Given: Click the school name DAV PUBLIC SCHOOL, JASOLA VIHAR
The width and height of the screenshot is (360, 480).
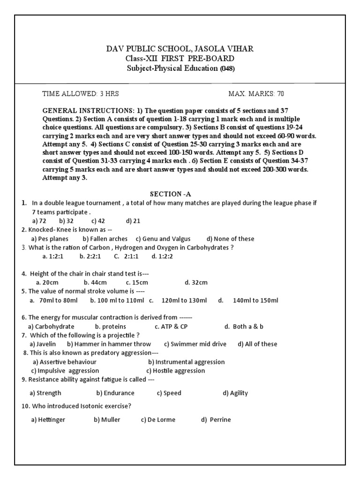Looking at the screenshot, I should tap(180, 49).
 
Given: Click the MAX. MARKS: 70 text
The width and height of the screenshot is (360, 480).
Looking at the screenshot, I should tap(256, 94).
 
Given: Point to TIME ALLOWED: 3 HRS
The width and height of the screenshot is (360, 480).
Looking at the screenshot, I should tap(81, 94).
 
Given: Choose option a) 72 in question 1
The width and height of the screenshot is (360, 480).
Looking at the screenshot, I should tap(39, 221).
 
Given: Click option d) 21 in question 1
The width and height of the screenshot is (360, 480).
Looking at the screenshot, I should tap(133, 221).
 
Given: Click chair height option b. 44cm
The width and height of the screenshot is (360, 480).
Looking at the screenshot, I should tap(95, 283).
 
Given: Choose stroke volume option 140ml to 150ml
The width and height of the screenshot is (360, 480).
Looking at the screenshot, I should tap(255, 300).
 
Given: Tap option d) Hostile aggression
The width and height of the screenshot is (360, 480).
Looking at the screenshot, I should tap(175, 371).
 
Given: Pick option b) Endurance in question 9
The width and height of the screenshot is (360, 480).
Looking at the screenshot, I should tap(115, 393).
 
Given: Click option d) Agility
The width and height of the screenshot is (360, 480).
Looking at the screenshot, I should tap(235, 393).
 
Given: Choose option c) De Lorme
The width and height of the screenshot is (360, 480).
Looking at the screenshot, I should tap(158, 420).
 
